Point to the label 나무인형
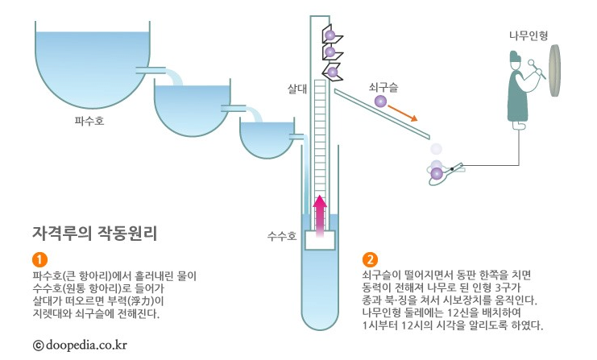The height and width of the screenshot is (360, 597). pos(529,35)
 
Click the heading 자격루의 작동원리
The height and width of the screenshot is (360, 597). pos(94,234)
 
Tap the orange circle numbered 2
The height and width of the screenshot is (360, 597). pos(370,259)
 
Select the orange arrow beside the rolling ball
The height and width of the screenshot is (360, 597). pos(402,111)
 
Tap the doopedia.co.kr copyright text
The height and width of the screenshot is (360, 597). pos(80,345)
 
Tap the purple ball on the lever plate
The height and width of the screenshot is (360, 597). pos(436,173)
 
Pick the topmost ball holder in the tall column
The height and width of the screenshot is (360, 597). pos(331,34)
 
